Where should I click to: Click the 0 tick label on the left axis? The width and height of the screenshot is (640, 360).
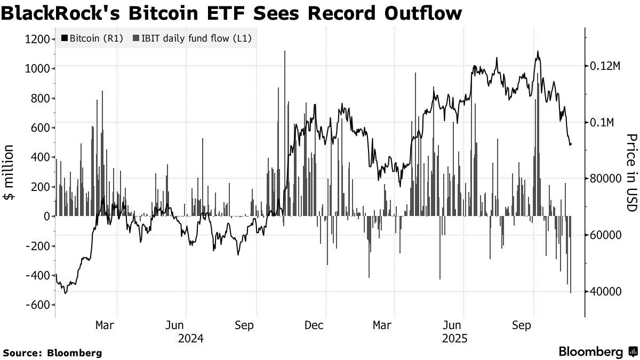pos(46,216)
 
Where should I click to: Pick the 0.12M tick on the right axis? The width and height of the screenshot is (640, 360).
pos(602,66)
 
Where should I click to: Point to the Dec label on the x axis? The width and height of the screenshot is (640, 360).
pos(315,325)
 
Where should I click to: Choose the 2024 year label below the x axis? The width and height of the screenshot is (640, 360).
pos(191,339)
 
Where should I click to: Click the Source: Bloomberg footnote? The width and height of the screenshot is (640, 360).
pos(52,353)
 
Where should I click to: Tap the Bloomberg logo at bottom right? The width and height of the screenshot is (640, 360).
pos(597,351)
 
